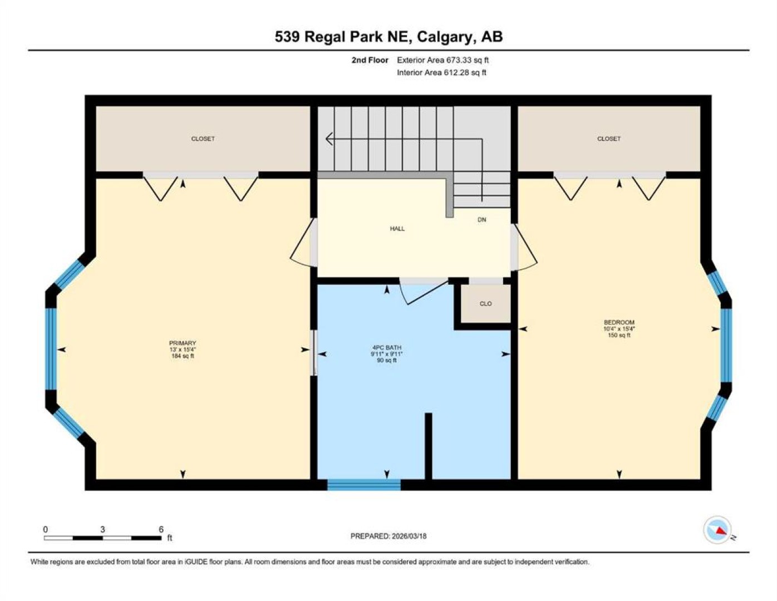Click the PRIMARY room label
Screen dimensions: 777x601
tap(183, 343)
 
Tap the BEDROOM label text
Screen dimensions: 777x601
tap(619, 322)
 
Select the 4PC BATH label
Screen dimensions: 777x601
tap(386, 347)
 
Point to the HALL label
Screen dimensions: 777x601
tap(397, 229)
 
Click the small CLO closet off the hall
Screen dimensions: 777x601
tap(485, 304)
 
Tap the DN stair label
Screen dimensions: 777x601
tap(481, 219)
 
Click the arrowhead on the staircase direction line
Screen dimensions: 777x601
tap(329, 139)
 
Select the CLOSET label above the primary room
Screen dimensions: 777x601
tap(203, 139)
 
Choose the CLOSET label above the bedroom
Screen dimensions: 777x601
tap(608, 139)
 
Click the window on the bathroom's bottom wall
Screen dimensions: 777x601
tap(363, 485)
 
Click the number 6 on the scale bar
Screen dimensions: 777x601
tap(161, 529)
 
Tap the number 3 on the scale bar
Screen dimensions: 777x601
tap(102, 529)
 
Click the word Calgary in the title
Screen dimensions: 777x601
tap(444, 37)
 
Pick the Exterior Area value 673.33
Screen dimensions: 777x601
tap(459, 60)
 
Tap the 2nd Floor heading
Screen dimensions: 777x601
tap(370, 60)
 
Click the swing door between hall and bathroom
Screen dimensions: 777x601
tap(424, 292)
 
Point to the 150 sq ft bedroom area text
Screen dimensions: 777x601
tap(619, 335)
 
